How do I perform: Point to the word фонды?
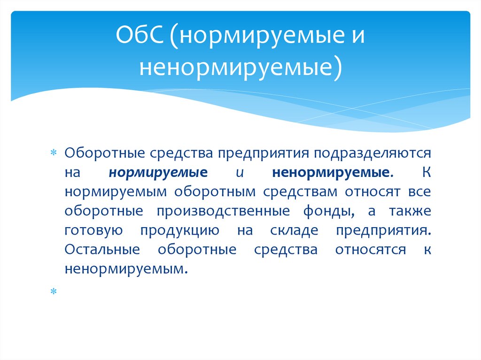coord(331,212)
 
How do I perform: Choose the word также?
coord(410,212)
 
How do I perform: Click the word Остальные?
coord(102,250)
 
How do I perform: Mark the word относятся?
coord(371,250)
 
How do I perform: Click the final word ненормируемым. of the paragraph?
coord(123,269)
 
